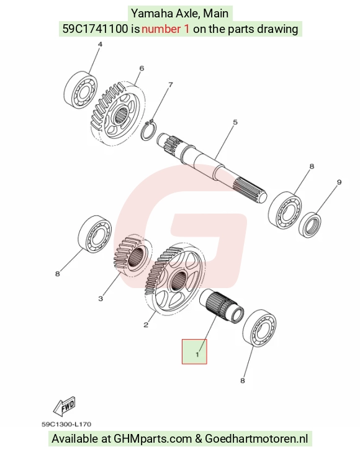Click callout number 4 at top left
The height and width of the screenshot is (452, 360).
100,45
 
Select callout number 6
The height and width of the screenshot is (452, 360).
142,68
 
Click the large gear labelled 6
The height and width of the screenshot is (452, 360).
117,114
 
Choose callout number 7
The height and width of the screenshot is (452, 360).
171,84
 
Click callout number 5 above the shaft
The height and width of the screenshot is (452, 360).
235,122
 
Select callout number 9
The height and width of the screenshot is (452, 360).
340,182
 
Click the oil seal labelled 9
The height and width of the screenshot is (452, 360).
310,225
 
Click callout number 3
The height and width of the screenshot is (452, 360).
101,299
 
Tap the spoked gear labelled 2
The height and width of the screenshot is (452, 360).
175,279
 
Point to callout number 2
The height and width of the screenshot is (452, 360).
146,325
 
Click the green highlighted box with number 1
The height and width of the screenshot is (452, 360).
194,351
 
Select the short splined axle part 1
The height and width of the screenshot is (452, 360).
222,306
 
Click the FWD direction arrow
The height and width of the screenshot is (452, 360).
65,406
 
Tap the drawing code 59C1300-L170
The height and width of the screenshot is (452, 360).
66,424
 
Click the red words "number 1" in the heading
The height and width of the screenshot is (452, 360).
166,29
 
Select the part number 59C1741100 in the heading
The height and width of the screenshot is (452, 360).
96,29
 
